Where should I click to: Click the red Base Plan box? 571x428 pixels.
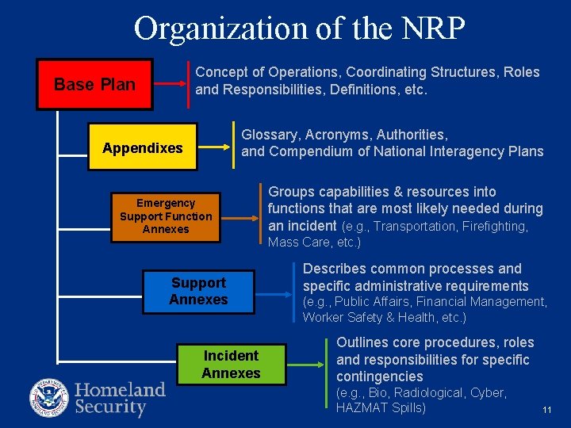94,84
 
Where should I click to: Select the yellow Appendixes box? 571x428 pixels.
143,147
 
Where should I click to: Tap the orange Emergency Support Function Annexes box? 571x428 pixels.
166,216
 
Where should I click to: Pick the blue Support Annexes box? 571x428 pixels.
198,291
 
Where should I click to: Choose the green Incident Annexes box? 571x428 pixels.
231,364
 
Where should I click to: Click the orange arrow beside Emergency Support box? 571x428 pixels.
242,214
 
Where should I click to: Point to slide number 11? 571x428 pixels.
546,410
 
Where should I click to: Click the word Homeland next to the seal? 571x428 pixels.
120,389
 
